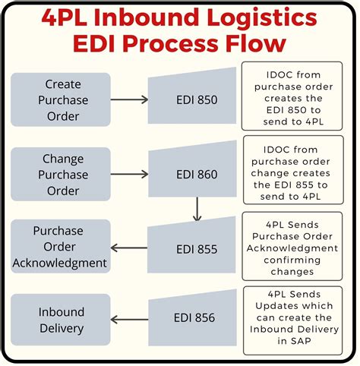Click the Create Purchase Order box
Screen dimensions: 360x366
pos(61,99)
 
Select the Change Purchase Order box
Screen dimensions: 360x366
pos(61,174)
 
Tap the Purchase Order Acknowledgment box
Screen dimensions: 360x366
pos(61,246)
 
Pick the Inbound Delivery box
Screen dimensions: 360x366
pos(61,320)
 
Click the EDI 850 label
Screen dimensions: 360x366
pos(197,99)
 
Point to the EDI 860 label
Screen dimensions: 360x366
pos(197,175)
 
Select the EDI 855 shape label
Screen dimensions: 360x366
pos(197,249)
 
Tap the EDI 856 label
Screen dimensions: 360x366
pos(194,317)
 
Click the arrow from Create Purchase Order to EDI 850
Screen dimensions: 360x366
pos(129,99)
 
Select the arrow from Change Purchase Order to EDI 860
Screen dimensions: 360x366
pos(129,174)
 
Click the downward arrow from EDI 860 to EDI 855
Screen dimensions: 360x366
pos(197,209)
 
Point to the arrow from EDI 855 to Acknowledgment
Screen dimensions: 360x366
pos(129,248)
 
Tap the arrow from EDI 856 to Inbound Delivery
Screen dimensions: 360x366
pos(129,320)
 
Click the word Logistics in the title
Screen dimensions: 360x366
pos(262,18)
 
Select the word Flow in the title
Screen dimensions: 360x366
pos(256,43)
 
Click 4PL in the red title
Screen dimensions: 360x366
pos(65,17)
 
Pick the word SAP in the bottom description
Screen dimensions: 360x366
pos(301,341)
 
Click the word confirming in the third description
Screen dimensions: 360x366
pos(292,260)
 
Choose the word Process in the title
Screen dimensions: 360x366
pos(171,43)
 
